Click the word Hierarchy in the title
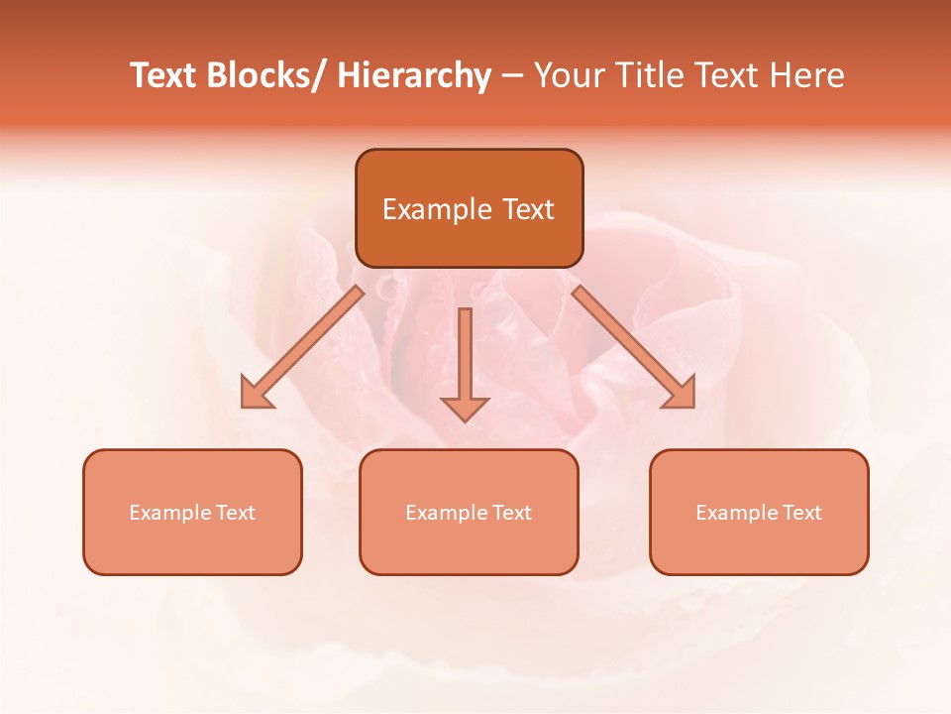413,76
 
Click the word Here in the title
806,76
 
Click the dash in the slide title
512,76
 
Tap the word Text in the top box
528,209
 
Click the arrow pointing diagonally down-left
301,347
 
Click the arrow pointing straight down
465,362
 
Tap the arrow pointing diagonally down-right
634,347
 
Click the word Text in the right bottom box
801,513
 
